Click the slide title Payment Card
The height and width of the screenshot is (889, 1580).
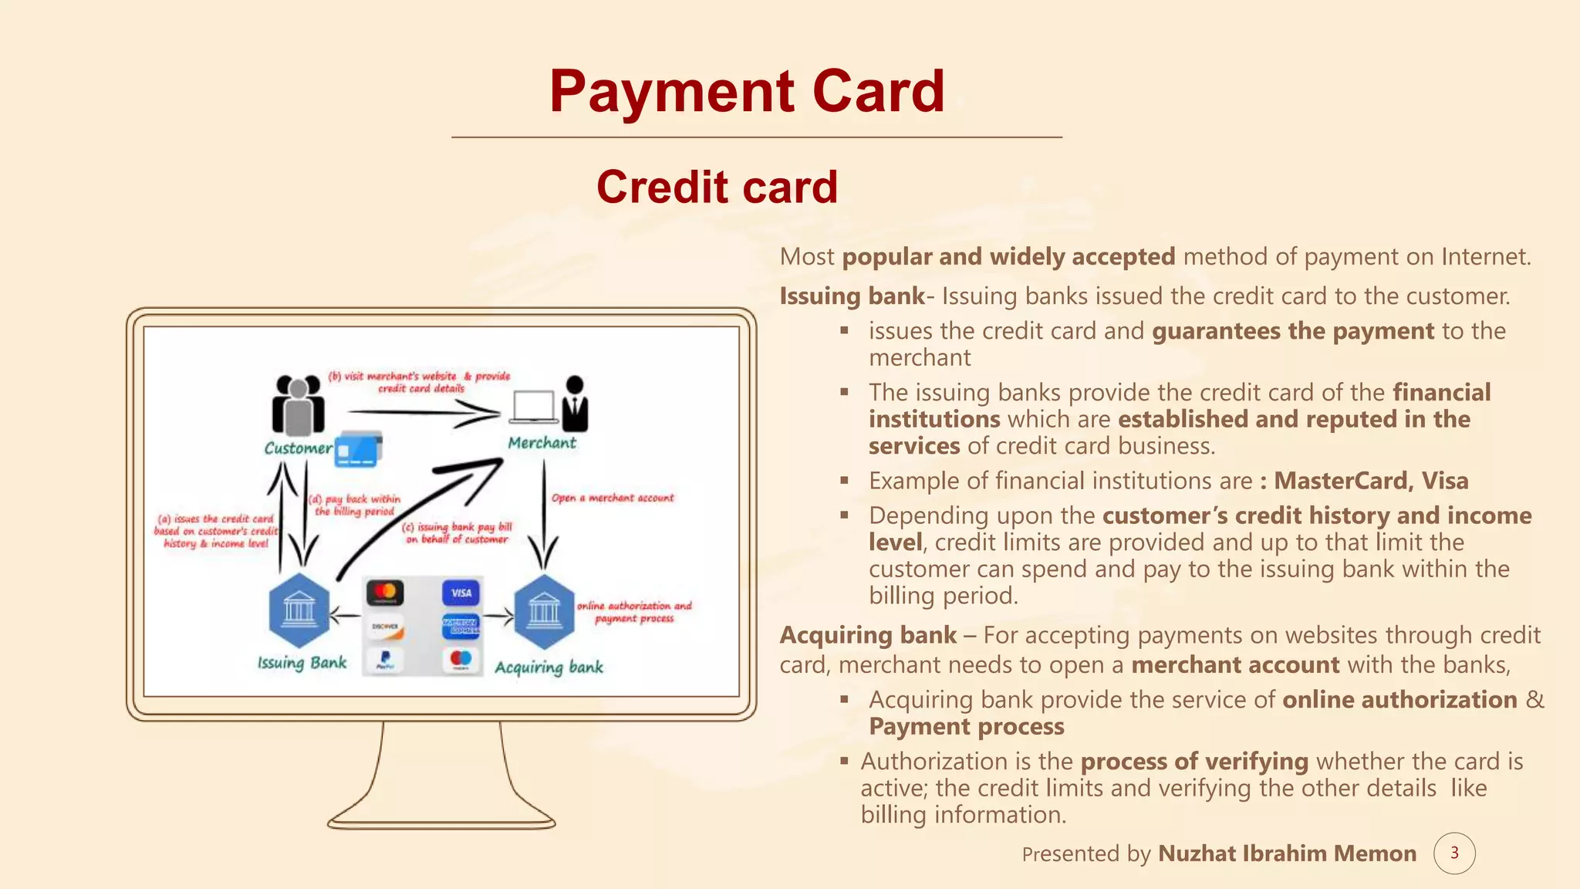747,91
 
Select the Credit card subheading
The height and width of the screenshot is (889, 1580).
717,188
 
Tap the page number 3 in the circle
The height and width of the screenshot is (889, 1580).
1454,853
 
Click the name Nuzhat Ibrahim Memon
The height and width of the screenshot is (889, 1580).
1287,854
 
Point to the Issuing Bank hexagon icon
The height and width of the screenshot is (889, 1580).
299,610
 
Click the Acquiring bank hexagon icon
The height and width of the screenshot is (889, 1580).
545,611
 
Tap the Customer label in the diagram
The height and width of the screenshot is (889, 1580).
298,448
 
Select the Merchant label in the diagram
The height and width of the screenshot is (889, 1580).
542,443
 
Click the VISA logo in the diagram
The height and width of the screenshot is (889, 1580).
461,593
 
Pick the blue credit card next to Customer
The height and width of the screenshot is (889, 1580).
358,449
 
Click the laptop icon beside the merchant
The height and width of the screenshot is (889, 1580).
533,407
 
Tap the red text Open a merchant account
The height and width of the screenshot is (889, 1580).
613,499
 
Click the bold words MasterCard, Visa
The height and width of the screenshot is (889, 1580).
1371,481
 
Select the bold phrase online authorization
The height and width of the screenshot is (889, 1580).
1399,700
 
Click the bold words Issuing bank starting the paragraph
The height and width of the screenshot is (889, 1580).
852,296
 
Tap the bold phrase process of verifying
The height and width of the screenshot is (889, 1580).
1194,762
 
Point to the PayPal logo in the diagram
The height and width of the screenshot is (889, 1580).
385,660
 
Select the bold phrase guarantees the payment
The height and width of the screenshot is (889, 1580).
1293,331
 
